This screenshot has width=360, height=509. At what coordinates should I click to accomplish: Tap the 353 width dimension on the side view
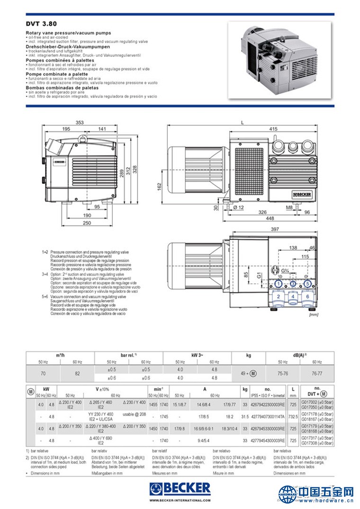pos(80,123)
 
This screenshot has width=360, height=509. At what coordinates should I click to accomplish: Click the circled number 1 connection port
pos(279,284)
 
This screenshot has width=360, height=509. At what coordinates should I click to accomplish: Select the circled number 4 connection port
pos(293,297)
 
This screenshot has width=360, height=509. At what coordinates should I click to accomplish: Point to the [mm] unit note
pos(313,314)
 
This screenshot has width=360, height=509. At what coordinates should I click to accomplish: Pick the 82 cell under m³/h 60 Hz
pos(78,373)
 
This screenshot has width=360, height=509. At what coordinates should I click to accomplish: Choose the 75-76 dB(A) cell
pos(283,373)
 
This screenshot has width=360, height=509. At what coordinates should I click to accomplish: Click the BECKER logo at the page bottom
pos(180,489)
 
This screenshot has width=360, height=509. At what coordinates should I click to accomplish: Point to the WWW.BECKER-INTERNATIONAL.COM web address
pos(180,500)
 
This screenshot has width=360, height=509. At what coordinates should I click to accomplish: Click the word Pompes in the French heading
pos(36,61)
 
